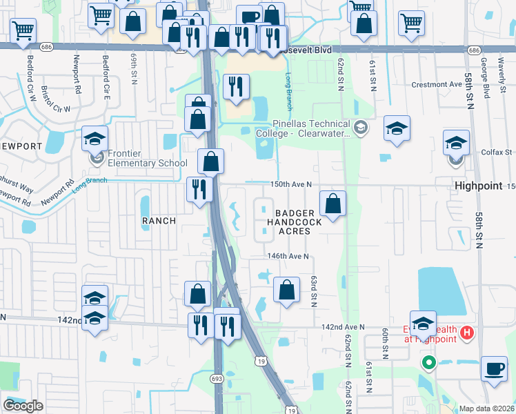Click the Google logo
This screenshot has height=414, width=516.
pyautogui.click(x=23, y=406)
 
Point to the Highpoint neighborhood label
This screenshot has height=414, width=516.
pyautogui.click(x=479, y=186)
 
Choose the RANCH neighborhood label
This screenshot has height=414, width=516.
pyautogui.click(x=159, y=221)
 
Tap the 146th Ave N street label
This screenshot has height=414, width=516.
pyautogui.click(x=288, y=256)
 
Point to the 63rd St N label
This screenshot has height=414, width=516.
pyautogui.click(x=313, y=291)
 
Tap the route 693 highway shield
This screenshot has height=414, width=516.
pyautogui.click(x=217, y=378)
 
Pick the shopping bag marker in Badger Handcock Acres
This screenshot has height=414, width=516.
pyautogui.click(x=333, y=204)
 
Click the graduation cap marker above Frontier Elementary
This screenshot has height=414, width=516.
pyautogui.click(x=95, y=139)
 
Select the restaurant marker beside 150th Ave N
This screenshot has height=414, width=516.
pyautogui.click(x=200, y=189)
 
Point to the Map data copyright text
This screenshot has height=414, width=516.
pyautogui.click(x=486, y=408)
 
